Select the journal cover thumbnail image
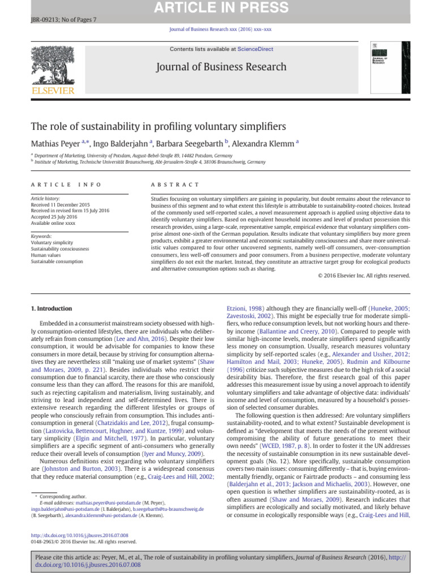pyautogui.click(x=391, y=67)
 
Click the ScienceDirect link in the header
pyautogui.click(x=254, y=50)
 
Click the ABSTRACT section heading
pyautogui.click(x=175, y=185)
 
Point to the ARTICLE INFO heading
pyautogui.click(x=66, y=185)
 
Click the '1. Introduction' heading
pyautogui.click(x=50, y=308)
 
